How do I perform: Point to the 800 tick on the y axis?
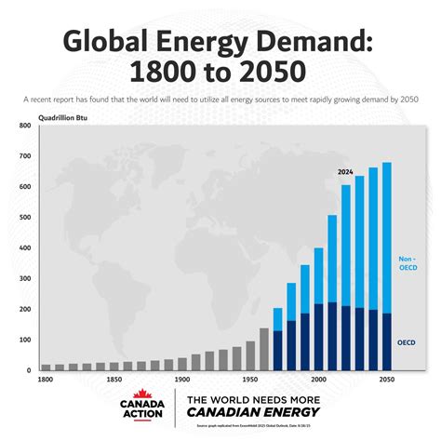coord(24,126)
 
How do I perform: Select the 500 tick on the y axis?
coord(24,218)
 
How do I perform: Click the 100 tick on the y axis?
coord(24,340)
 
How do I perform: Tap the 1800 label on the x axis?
coord(46,380)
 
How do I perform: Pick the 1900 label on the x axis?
coord(181,380)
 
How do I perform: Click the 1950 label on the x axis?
coord(249,380)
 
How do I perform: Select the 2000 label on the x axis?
coord(318,380)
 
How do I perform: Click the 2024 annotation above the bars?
coord(345,172)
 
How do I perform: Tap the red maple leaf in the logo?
coord(144,395)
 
